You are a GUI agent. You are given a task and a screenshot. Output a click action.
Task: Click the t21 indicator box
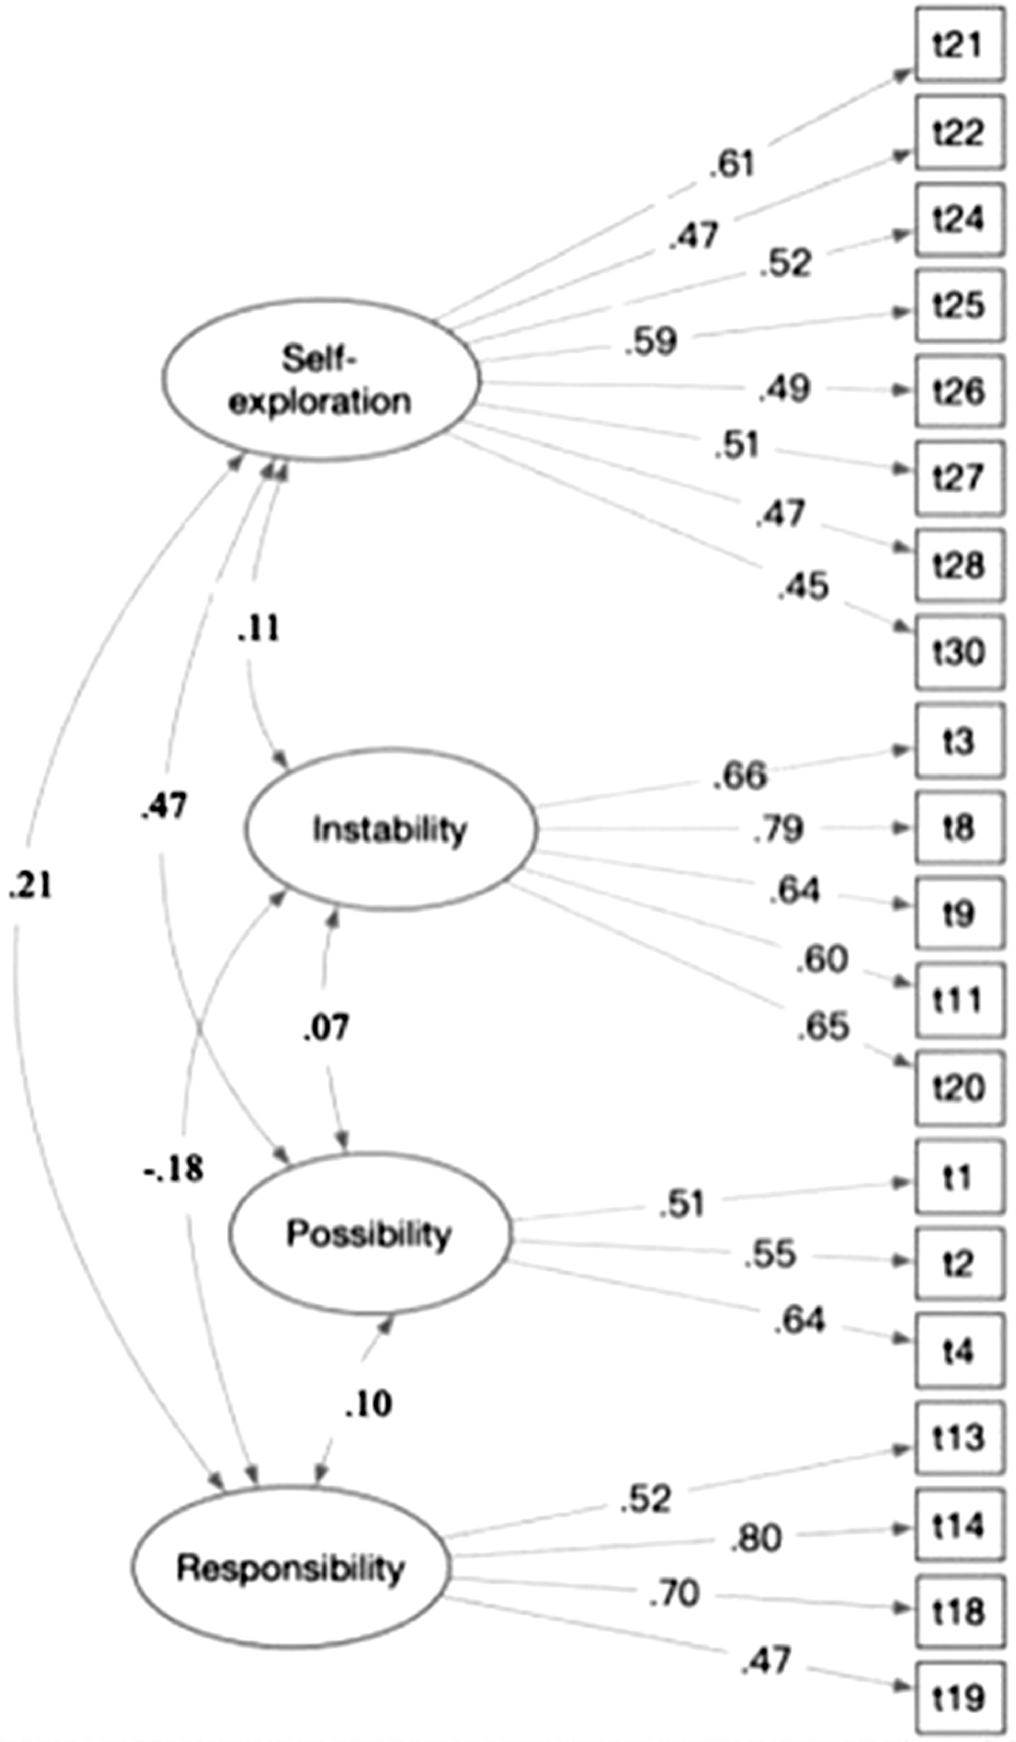959,45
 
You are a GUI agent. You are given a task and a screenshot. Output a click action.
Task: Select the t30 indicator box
959,651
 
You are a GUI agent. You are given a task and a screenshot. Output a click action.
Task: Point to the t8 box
959,828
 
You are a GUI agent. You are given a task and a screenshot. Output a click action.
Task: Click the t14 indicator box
959,1524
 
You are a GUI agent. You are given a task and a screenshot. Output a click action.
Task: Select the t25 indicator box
959,305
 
